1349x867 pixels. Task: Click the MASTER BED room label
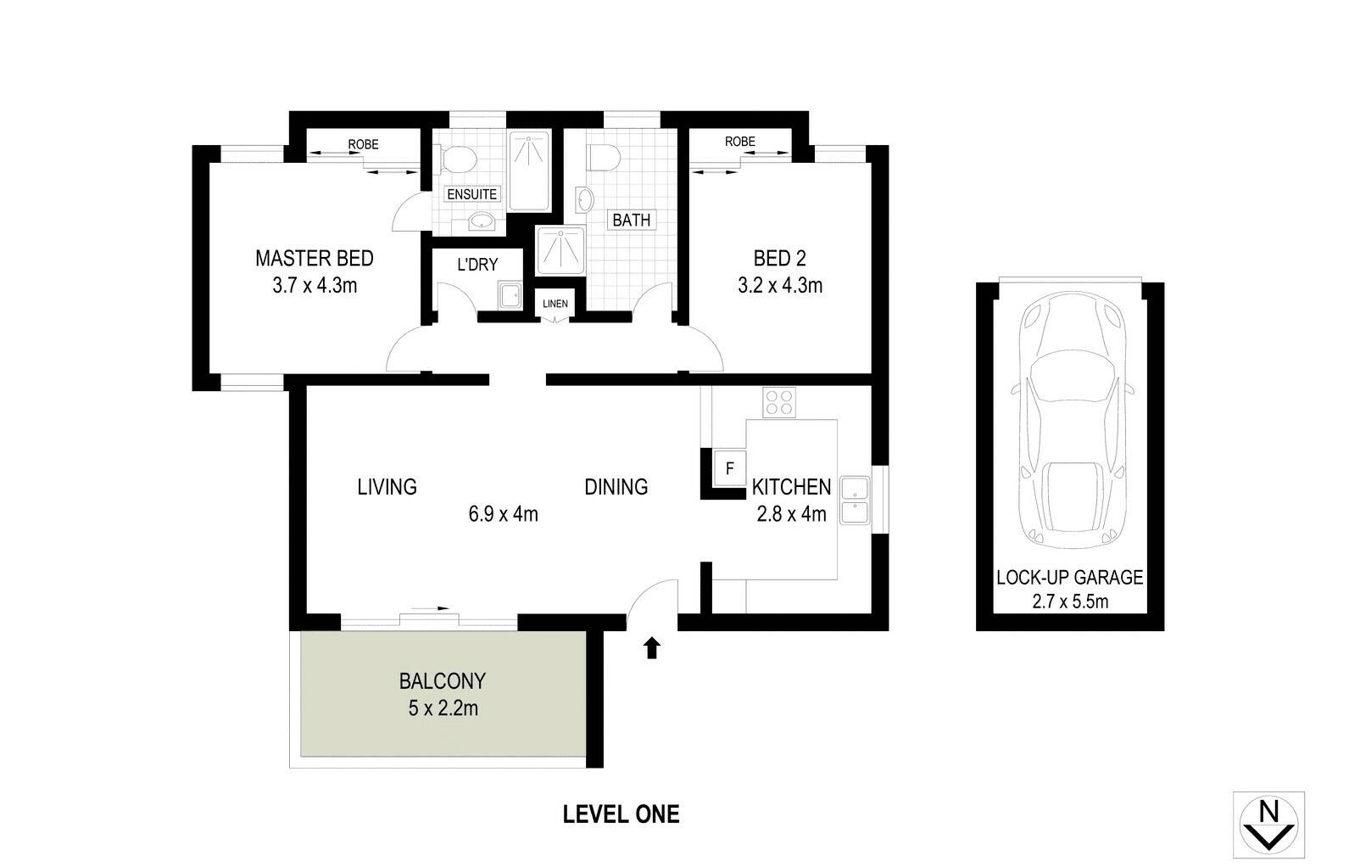(x=315, y=259)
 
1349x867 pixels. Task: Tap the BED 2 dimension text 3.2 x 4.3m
(x=780, y=285)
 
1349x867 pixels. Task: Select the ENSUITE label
(x=471, y=194)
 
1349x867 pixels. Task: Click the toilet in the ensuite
(x=459, y=159)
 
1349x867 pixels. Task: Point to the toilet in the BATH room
(x=604, y=158)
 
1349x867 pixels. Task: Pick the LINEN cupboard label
(x=555, y=304)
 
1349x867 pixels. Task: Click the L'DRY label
(x=477, y=265)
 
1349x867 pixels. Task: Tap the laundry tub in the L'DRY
(x=510, y=295)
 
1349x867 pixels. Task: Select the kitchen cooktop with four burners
(x=779, y=402)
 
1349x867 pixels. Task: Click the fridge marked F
(x=730, y=468)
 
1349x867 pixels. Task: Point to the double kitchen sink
(x=855, y=500)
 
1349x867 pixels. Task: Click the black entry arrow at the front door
(x=652, y=648)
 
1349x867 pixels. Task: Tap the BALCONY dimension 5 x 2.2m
(x=443, y=708)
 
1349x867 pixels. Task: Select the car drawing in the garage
(x=1072, y=421)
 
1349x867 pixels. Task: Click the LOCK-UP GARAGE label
(x=1069, y=578)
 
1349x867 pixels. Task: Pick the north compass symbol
(x=1269, y=825)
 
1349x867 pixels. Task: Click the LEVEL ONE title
(x=621, y=814)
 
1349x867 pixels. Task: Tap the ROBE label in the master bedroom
(x=363, y=144)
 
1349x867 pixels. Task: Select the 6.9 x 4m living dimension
(x=503, y=514)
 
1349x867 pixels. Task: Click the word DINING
(x=616, y=487)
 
